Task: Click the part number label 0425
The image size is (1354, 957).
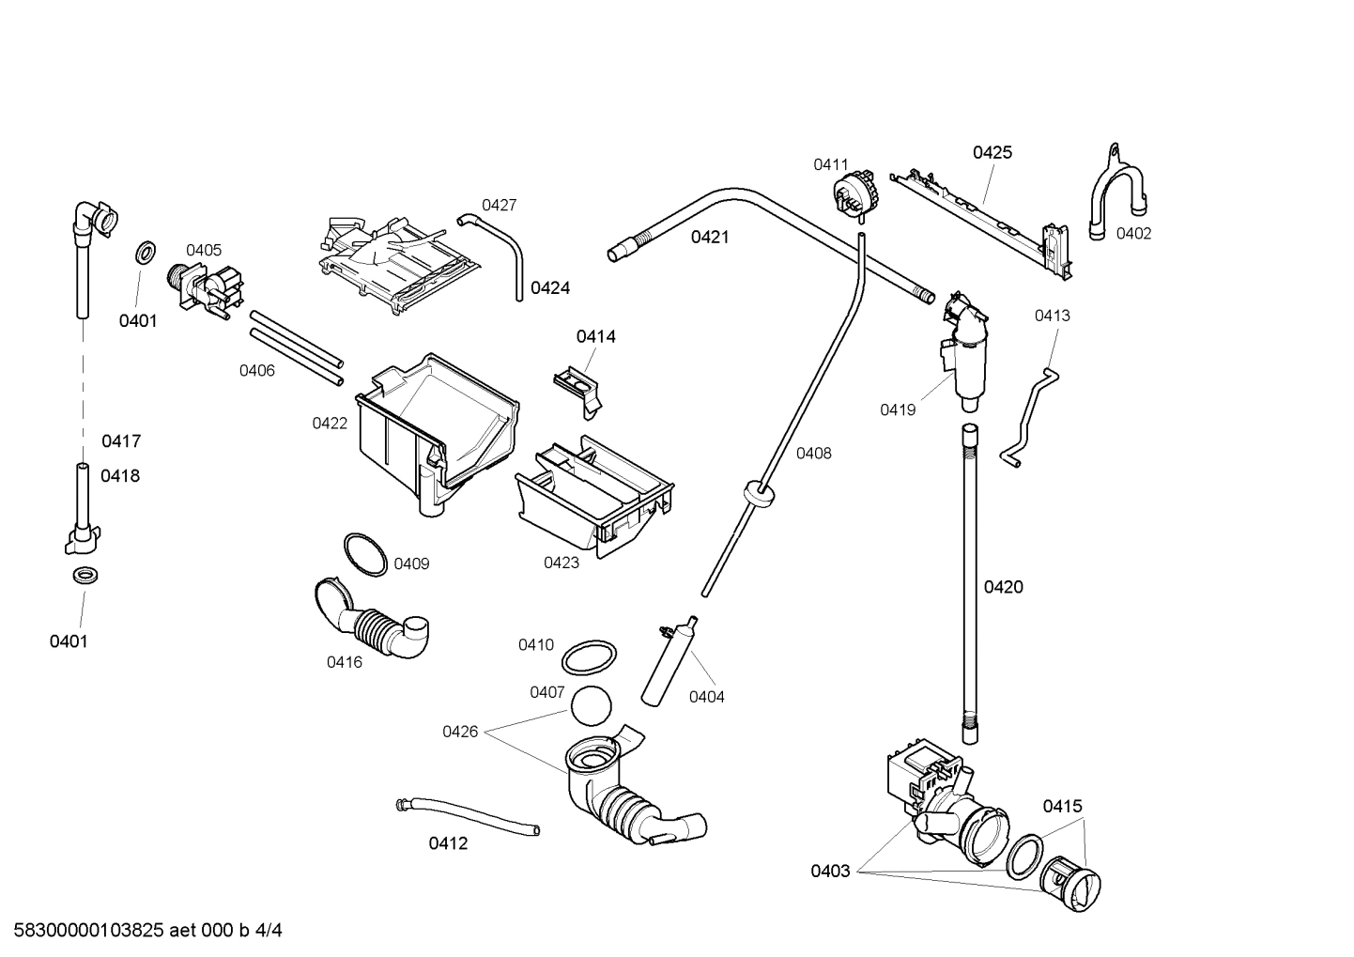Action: pos(992,152)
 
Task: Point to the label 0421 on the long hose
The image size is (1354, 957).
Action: pos(710,238)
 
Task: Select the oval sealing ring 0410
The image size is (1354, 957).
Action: pos(589,658)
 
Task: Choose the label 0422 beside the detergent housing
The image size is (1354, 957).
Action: pos(330,424)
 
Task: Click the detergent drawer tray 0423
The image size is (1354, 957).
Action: pos(593,497)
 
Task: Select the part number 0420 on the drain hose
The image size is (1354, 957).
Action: pos(1003,588)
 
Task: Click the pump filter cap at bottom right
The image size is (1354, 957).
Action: pos(1071,882)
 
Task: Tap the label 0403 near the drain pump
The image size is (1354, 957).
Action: pos(830,872)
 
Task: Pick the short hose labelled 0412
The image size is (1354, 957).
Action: pos(467,813)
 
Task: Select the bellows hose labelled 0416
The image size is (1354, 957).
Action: pos(372,620)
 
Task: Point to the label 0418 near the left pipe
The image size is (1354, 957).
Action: pos(120,476)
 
